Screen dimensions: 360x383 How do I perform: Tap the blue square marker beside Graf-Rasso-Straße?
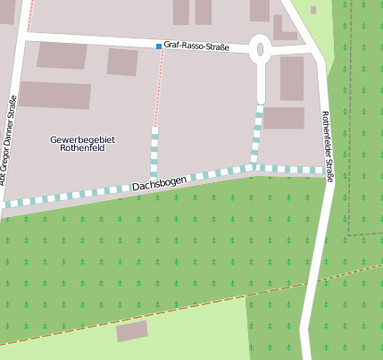[159, 46]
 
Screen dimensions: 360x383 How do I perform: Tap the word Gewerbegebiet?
[83, 139]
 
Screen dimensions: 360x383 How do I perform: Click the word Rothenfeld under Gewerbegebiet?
[83, 149]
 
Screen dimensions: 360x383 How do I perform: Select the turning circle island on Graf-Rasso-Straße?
[261, 49]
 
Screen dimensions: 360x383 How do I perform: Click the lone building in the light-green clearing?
[132, 331]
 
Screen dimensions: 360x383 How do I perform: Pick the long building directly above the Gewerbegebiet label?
[55, 95]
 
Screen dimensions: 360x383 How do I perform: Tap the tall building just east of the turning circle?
[292, 78]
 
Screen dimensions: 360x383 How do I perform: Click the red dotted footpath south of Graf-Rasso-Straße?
[158, 89]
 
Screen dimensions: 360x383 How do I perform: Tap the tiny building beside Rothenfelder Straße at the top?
[313, 10]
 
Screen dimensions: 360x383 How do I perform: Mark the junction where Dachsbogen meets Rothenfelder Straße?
[325, 170]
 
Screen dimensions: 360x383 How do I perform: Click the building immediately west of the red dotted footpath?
[122, 62]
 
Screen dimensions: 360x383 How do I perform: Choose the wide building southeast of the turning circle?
[284, 118]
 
